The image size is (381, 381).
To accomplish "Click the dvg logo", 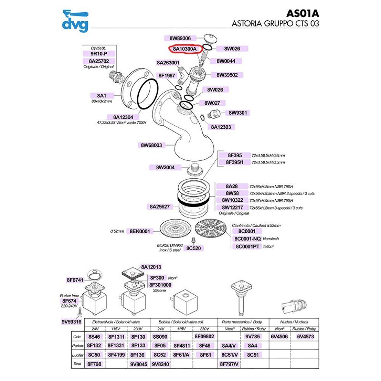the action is [x=75, y=21].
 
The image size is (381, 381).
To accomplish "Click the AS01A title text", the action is [x=303, y=13].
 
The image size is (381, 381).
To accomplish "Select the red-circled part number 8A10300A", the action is [x=185, y=49].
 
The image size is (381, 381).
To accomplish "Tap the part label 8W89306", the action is [x=180, y=38].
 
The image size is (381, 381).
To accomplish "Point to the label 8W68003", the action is [x=151, y=145].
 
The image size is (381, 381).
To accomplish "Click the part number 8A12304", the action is [x=123, y=117].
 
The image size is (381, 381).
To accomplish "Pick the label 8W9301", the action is [x=238, y=113].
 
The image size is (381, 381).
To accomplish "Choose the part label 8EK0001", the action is [x=140, y=231].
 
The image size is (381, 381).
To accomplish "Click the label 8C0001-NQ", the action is [x=247, y=239].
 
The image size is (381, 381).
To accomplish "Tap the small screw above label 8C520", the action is [x=194, y=240].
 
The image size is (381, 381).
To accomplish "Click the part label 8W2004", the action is [x=165, y=167].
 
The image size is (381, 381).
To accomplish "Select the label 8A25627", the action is [x=160, y=207].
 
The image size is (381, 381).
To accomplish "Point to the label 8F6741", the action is [x=75, y=280].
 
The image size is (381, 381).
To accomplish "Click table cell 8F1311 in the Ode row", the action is [x=116, y=337].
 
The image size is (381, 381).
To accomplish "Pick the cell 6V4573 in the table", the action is [x=306, y=337].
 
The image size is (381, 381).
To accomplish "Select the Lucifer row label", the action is [x=78, y=355].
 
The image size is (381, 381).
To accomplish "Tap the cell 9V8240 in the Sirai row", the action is [x=160, y=364].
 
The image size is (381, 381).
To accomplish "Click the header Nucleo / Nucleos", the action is [x=294, y=322].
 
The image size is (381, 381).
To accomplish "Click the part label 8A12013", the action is [x=151, y=267].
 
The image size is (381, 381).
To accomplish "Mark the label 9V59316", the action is [x=72, y=322].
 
